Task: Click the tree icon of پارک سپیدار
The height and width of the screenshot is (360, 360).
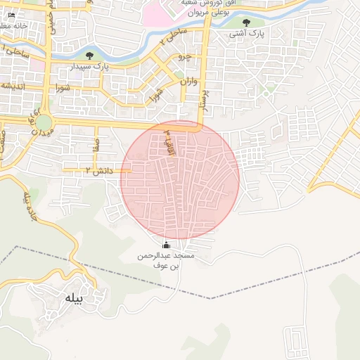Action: coord(89,56)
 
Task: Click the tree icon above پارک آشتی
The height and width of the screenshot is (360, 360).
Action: coord(245,23)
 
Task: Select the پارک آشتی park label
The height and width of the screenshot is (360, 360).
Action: coord(245,34)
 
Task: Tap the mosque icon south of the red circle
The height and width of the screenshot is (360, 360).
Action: coord(166,245)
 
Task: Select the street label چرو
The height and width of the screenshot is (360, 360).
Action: coord(184,55)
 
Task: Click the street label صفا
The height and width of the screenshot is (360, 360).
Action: coord(96,145)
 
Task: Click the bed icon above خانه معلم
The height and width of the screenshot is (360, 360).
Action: coord(11,15)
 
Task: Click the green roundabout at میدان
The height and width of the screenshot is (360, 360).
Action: coord(44,122)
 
